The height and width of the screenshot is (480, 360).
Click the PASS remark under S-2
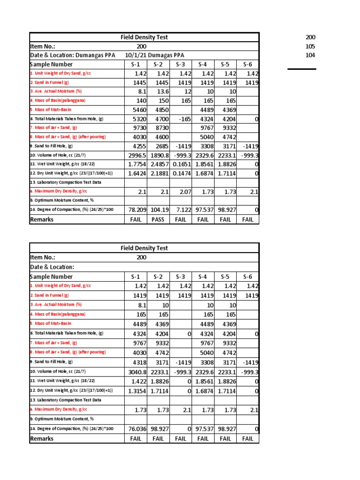point(158,219)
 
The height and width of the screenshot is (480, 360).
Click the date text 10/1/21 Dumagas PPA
point(155,55)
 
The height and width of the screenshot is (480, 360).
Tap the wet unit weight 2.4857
point(158,164)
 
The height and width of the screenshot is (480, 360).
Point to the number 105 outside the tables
point(310,46)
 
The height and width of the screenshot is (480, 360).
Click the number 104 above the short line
point(310,55)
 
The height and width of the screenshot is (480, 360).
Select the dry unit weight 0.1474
point(181,173)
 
